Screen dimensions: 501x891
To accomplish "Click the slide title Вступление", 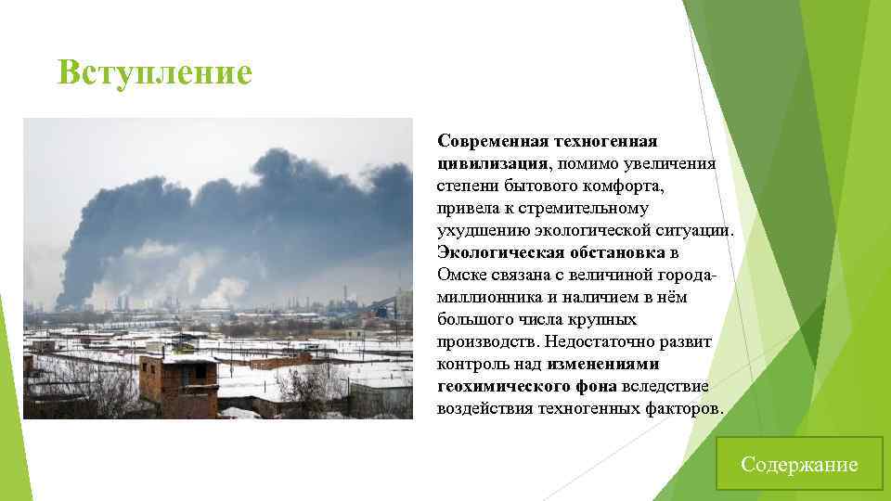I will (154, 72).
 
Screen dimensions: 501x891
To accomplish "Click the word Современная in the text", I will (492, 141).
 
